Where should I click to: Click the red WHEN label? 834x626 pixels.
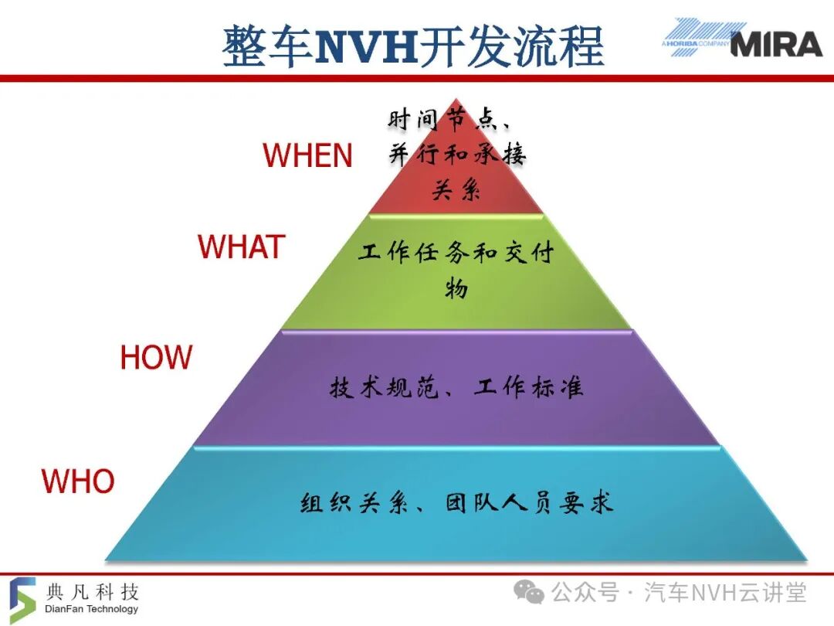307,155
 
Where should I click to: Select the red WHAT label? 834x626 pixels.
242,247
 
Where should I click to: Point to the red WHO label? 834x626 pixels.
78,481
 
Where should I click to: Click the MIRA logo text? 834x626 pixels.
777,44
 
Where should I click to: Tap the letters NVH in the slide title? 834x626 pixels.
366,46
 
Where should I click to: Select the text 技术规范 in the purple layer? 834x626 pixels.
383,387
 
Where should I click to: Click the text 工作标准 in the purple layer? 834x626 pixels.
529,387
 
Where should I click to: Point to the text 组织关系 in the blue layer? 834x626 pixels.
354,503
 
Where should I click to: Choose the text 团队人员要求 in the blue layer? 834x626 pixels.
529,503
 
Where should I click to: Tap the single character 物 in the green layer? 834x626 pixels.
456,288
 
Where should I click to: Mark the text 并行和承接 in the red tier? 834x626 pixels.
457,155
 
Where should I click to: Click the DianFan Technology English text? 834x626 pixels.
91,608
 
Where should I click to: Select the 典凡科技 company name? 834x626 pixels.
93,591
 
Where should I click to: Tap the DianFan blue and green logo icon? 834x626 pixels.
22,600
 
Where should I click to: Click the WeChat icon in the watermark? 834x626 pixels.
529,593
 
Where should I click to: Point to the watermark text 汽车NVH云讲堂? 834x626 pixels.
725,593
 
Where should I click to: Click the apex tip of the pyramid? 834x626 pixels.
456,98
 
